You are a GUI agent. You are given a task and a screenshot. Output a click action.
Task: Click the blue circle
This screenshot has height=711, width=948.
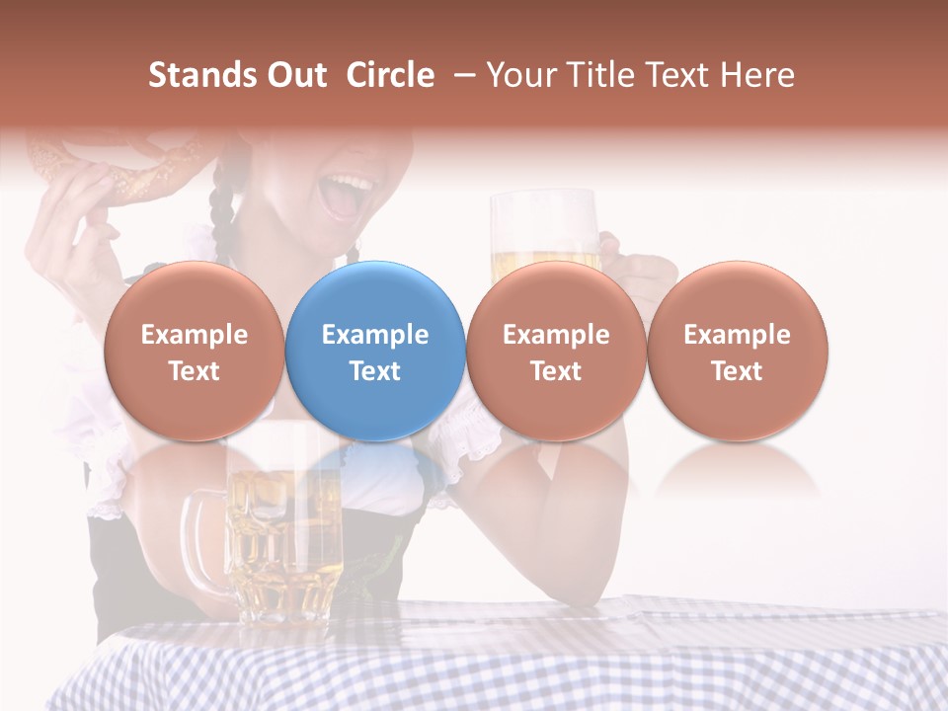point(375,351)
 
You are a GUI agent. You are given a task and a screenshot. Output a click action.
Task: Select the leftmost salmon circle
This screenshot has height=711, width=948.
point(194,351)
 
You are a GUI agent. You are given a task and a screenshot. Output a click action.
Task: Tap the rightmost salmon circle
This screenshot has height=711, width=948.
point(737,351)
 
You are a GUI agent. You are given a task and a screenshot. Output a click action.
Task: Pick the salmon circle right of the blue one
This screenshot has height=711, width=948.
point(556,351)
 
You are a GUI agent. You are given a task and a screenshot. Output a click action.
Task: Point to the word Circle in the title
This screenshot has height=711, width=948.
point(390,75)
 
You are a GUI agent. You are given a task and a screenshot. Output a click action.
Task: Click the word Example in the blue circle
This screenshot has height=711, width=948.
point(375,335)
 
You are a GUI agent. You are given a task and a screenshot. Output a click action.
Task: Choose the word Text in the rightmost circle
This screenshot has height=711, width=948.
point(737,371)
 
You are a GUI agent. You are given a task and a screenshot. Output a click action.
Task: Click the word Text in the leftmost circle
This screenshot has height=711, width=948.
point(194,371)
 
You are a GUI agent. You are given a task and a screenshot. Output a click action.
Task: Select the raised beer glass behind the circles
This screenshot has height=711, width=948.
point(543,232)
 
